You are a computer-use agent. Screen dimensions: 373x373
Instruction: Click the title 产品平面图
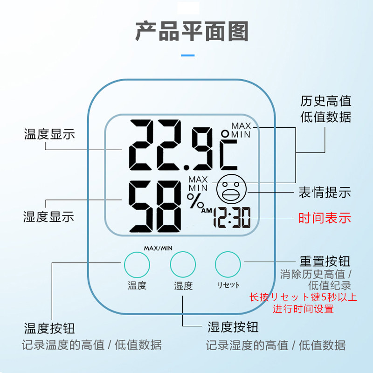(x=192, y=31)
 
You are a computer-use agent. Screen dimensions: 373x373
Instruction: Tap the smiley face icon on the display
(x=230, y=189)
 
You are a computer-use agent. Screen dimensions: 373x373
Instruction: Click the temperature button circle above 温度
(x=137, y=264)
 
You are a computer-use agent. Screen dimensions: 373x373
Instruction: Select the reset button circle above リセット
(x=228, y=264)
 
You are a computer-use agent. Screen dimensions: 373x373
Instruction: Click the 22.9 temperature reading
(x=170, y=145)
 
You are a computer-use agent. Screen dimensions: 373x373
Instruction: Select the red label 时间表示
(x=325, y=218)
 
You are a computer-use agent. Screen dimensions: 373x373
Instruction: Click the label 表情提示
(x=325, y=192)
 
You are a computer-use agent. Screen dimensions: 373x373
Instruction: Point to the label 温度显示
(x=49, y=134)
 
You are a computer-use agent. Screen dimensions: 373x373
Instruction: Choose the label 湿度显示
(x=49, y=217)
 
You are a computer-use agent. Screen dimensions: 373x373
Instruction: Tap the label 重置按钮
(x=325, y=261)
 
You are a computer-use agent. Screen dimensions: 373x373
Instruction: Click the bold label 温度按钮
(x=49, y=328)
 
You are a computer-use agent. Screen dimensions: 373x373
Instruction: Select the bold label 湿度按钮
(x=233, y=326)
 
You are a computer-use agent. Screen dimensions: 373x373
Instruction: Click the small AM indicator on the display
(x=207, y=211)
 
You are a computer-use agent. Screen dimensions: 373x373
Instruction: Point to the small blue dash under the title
(x=187, y=55)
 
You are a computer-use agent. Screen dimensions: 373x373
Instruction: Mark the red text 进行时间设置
(x=304, y=309)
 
